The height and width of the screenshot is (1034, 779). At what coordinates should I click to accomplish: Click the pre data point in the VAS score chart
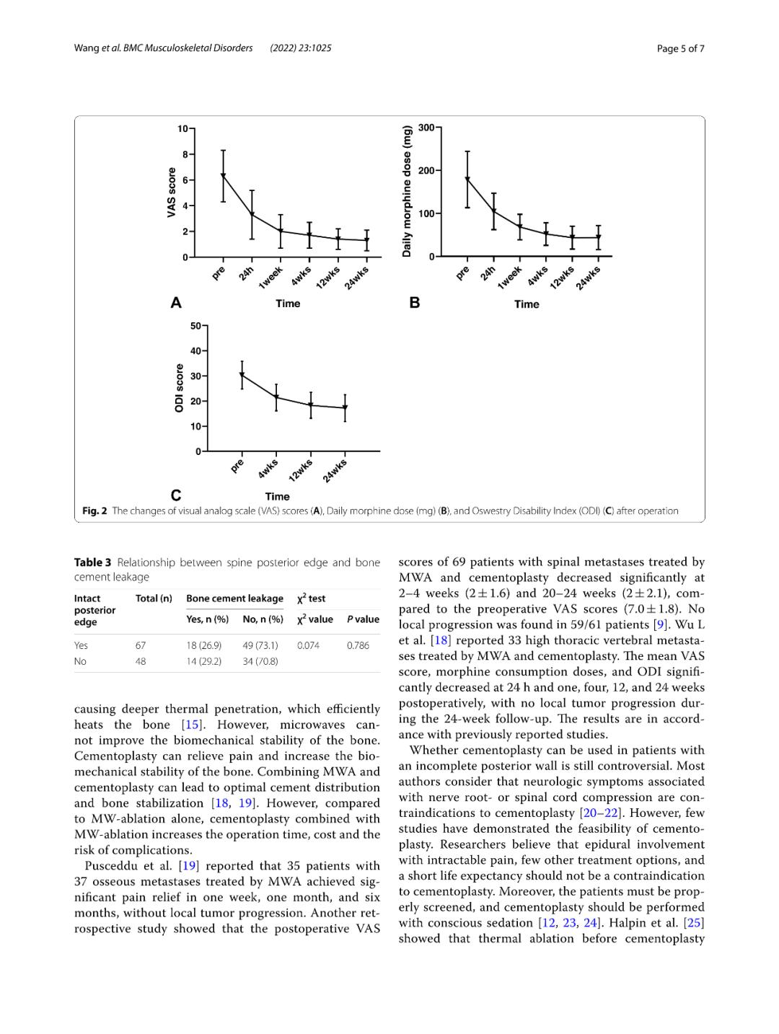coord(224,175)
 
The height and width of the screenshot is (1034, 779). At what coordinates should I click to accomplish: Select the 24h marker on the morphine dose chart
coord(494,211)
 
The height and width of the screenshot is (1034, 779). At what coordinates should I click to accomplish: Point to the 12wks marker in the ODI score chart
coord(311,405)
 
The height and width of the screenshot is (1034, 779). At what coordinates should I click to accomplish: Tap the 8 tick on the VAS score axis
coord(185,154)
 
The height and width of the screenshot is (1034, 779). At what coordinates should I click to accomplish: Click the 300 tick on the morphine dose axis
coord(426,128)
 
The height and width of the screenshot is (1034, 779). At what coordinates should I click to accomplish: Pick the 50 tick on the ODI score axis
coord(196,326)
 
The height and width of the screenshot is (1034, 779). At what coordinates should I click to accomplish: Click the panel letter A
coord(176,303)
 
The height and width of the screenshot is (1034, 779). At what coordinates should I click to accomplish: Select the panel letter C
coord(176,495)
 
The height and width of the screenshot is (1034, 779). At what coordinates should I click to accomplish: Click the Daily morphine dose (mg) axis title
coord(408,191)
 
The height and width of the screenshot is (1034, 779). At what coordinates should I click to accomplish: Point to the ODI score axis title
coord(180,388)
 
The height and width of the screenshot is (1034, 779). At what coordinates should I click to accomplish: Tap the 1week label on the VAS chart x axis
coord(271,277)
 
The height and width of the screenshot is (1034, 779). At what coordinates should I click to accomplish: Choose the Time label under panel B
coord(527,304)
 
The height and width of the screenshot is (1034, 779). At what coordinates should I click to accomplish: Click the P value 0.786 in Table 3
coord(358,645)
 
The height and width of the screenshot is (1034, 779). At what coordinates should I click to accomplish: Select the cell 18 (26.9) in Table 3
coord(203,645)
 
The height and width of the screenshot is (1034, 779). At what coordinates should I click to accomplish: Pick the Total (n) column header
coord(154,598)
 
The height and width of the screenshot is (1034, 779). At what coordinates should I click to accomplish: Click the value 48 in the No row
coord(141,661)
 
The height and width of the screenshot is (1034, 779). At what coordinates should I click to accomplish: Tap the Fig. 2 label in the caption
coord(94,511)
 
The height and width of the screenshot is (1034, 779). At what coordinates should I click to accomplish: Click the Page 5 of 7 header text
coord(680,48)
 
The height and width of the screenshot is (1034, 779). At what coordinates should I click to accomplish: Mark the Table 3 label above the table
coord(92,562)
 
